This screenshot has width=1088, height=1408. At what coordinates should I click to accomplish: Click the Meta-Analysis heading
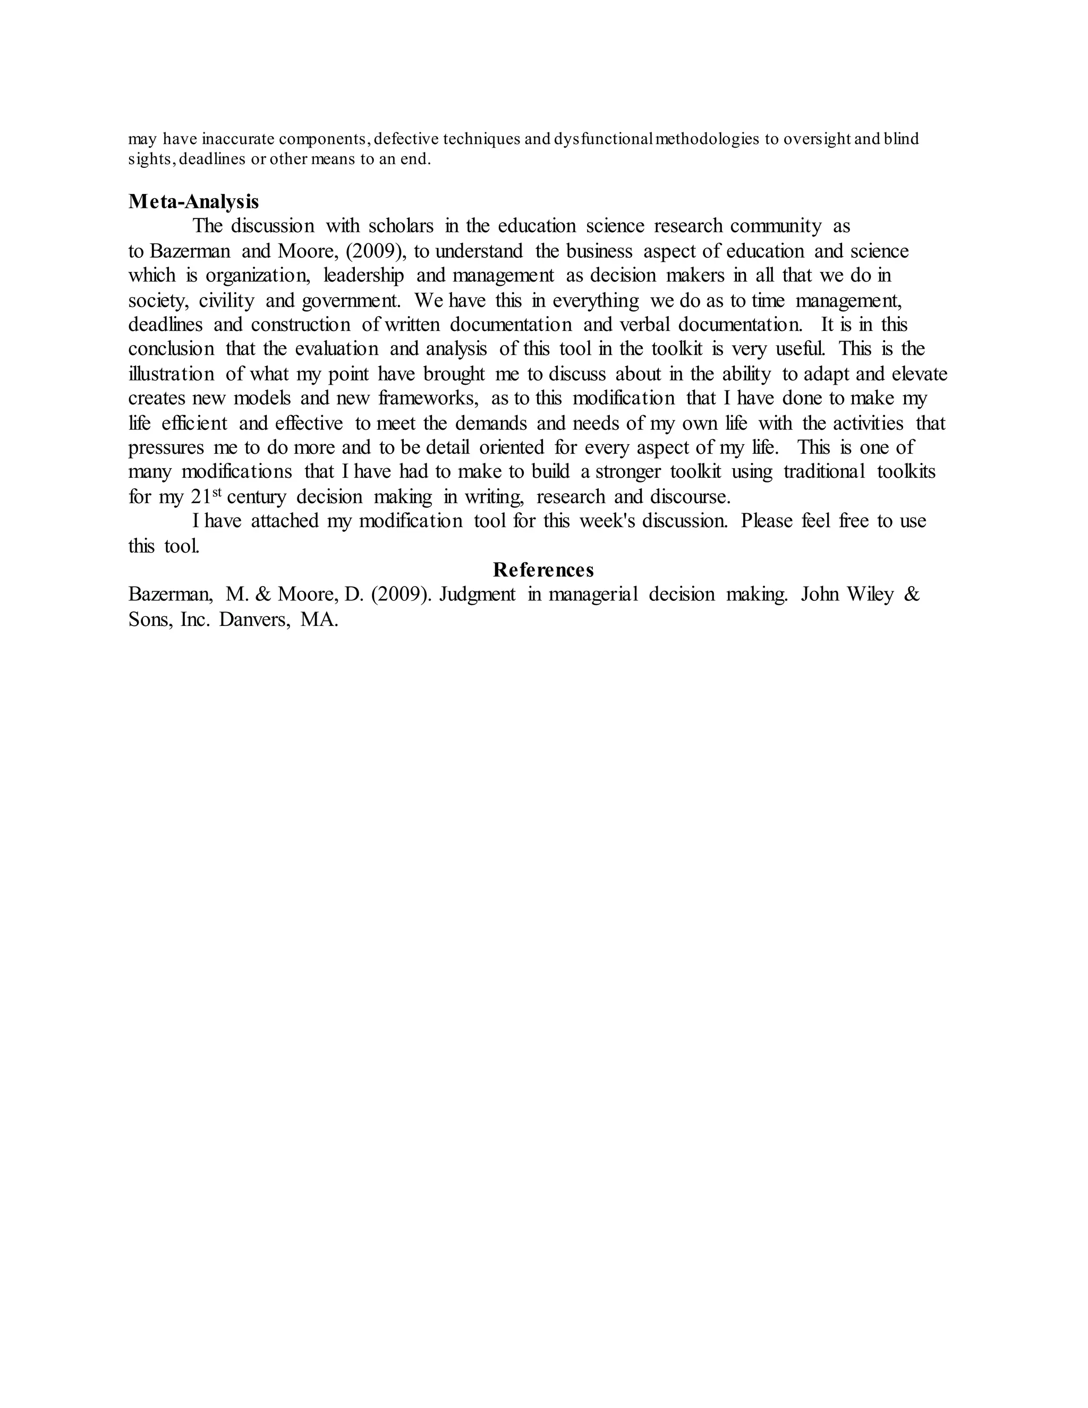193,202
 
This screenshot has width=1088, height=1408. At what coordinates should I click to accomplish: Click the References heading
543,570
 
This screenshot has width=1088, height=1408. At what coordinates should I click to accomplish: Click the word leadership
363,275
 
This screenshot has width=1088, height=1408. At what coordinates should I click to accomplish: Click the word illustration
172,374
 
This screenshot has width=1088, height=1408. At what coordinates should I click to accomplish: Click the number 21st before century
206,496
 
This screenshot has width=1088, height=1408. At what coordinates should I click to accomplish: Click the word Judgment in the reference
478,595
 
